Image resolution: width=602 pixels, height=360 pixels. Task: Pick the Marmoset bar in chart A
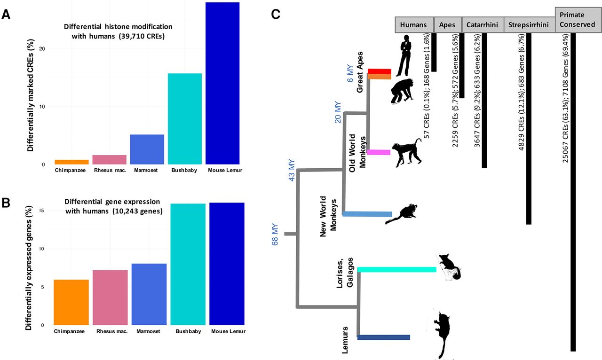(147, 149)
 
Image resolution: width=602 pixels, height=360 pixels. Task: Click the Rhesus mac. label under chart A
(110, 170)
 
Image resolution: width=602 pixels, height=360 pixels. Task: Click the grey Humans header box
(413, 25)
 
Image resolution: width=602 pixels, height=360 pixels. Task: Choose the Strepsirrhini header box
(529, 25)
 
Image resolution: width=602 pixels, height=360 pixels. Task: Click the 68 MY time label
(276, 234)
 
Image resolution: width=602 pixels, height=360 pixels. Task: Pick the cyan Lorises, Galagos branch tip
(397, 269)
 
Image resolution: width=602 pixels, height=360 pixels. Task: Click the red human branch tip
(379, 71)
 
